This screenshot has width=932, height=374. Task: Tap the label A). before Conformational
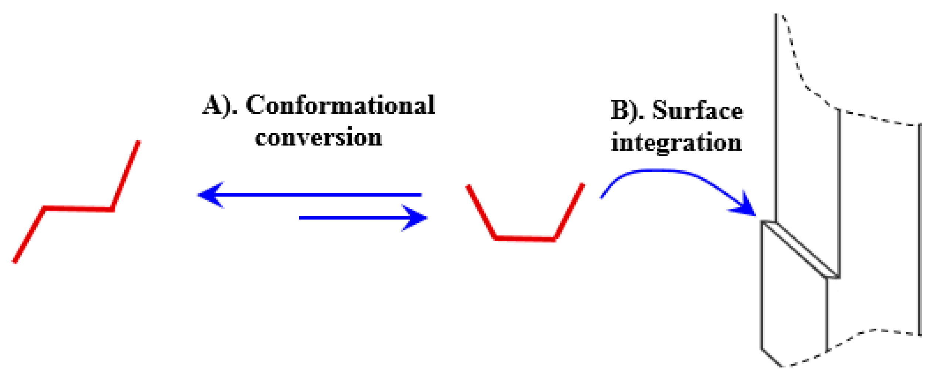pyautogui.click(x=220, y=106)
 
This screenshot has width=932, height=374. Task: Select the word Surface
pyautogui.click(x=697, y=111)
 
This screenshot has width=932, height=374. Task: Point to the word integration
pyautogui.click(x=676, y=143)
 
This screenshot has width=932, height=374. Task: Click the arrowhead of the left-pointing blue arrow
pyautogui.click(x=211, y=195)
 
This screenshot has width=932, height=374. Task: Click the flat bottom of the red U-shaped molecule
pyautogui.click(x=525, y=239)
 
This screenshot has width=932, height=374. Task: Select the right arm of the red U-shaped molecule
pyautogui.click(x=569, y=212)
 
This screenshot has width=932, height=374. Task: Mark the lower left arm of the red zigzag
pyautogui.click(x=29, y=235)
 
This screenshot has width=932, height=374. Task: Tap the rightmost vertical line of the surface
pyautogui.click(x=919, y=229)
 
